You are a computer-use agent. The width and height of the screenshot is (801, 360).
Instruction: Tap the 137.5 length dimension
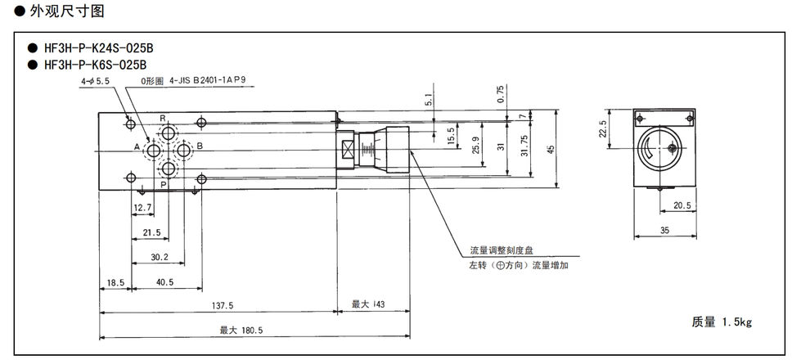221,305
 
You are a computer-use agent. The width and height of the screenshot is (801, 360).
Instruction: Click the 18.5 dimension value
115,282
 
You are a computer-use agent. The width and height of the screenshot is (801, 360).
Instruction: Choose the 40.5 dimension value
164,282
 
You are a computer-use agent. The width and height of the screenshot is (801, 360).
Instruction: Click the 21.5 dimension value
151,233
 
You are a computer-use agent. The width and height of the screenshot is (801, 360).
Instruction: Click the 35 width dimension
664,231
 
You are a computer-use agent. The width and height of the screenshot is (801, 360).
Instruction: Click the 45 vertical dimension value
551,148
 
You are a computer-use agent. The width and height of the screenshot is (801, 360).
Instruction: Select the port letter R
163,119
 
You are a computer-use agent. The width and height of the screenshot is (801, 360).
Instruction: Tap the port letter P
163,184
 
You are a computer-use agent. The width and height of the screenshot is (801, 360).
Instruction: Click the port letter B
200,146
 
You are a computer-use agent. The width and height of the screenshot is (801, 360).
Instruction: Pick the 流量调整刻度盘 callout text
500,251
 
